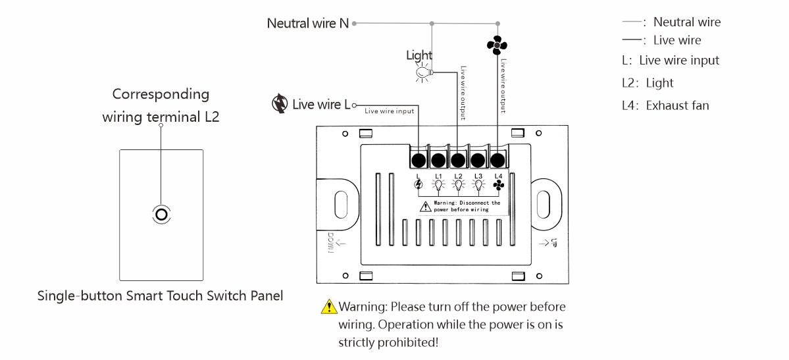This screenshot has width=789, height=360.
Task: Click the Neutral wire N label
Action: (307, 23)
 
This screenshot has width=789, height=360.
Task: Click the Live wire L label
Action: (320, 104)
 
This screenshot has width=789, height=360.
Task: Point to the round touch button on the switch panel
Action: (161, 215)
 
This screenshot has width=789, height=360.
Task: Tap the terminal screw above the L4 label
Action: (498, 160)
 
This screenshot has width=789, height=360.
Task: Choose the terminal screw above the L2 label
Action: (458, 160)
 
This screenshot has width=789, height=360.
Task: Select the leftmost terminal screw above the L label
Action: (418, 160)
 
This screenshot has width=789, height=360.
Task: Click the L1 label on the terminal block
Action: (438, 176)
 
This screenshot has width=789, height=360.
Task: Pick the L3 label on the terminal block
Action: (478, 176)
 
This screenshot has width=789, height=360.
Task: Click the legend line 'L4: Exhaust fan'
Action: (665, 105)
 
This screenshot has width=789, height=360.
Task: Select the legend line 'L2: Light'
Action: (648, 83)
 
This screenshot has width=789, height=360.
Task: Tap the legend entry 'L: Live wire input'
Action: (671, 61)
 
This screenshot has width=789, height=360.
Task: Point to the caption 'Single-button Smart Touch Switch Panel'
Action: (160, 296)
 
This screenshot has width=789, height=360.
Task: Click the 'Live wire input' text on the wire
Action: (390, 111)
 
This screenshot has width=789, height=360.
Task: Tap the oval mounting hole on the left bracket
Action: (341, 203)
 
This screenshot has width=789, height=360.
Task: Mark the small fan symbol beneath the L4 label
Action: (498, 186)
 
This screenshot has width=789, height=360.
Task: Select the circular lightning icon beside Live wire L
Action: (280, 104)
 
